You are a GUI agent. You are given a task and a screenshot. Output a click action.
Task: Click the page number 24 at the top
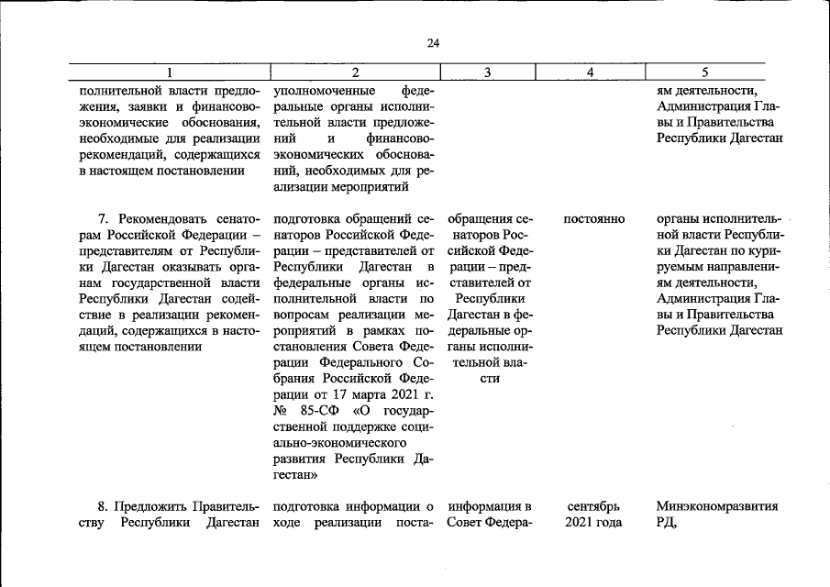coord(434,42)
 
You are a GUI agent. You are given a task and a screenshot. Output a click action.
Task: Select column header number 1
coord(170,72)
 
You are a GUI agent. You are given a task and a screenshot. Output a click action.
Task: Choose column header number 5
coord(704,72)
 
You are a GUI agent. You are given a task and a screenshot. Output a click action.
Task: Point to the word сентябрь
coord(593,506)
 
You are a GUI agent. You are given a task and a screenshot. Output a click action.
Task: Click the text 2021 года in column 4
coord(593,523)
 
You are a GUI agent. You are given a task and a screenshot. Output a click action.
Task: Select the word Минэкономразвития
coord(717,506)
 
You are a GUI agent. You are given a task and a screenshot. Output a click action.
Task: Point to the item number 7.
coord(102,219)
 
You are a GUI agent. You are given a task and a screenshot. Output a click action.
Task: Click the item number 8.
coord(102,506)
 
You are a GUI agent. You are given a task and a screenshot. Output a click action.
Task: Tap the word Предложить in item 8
coord(150,506)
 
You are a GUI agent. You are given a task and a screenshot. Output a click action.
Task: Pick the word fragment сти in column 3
coord(490,379)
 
